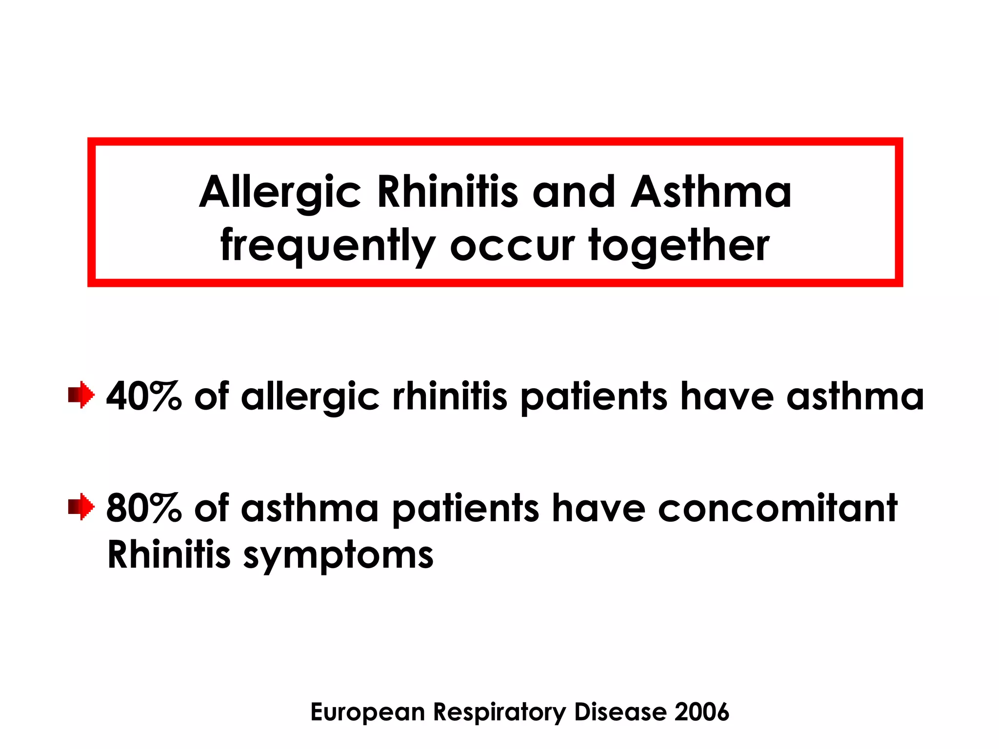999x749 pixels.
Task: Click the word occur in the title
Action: point(512,246)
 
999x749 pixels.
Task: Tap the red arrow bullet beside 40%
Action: point(81,395)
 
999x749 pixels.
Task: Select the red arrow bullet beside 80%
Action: point(81,507)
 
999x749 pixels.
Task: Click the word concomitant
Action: point(778,509)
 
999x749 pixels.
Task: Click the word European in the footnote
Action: point(368,713)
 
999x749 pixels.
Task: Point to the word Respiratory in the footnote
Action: point(499,713)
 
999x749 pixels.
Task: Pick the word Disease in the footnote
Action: point(620,712)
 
